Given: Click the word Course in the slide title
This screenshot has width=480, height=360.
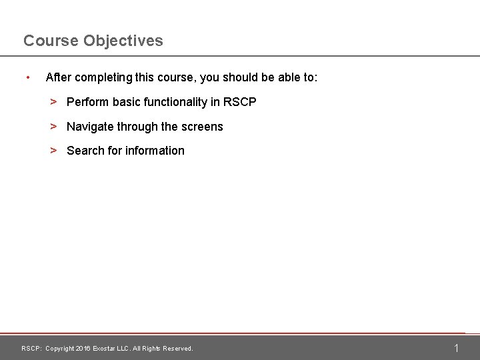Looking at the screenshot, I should coord(51,41).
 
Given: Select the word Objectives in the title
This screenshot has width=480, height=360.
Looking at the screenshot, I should coord(123,41).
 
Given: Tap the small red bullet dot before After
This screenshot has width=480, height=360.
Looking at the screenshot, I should coord(27,78).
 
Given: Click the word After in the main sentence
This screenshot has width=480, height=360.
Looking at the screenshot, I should coord(57,78).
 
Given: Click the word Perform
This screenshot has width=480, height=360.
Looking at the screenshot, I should coord(88,103).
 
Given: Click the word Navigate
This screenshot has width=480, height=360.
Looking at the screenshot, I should coord(91,127).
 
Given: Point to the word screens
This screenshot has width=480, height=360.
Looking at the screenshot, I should coord(202,127).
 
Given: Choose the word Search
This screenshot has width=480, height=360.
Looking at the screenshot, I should coord(85,151).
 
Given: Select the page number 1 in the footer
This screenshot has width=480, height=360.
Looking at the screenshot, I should coord(456,348).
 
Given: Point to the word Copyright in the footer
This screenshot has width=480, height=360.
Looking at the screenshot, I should coord(60,349).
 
